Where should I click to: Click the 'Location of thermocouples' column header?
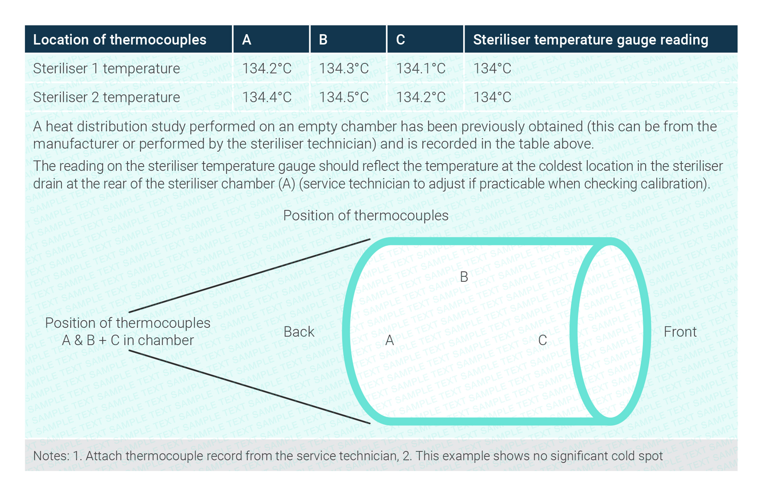(120, 40)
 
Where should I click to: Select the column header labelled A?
(247, 40)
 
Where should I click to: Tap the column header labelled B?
(323, 40)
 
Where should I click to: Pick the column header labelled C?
(400, 40)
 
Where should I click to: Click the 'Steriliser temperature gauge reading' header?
(591, 40)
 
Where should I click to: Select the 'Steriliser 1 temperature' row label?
(107, 69)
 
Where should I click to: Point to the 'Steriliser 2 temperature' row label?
(107, 97)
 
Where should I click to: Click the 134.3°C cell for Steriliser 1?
(344, 69)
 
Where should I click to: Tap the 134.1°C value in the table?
(421, 69)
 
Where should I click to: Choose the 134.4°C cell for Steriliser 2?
(267, 97)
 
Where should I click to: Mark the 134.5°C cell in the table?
(344, 97)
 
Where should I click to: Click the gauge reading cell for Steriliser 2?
(492, 97)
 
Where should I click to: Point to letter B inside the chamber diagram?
(464, 277)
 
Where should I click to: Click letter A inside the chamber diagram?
(389, 340)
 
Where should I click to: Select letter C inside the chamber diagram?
(543, 340)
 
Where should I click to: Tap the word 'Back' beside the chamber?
(299, 332)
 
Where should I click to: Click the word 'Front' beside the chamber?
(680, 332)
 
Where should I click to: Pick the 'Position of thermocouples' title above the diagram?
(366, 216)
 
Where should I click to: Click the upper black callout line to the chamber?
(250, 276)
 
